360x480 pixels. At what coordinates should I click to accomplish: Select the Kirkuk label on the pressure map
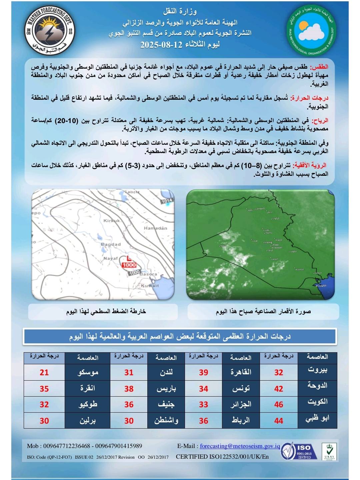click(111, 220)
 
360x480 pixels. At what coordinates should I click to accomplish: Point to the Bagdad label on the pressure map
click(111, 245)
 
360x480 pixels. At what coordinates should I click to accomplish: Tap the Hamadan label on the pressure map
click(155, 228)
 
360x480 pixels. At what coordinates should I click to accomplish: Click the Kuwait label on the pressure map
click(150, 286)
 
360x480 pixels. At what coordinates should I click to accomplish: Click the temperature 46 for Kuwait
click(278, 405)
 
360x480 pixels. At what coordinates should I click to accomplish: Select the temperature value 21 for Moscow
click(44, 372)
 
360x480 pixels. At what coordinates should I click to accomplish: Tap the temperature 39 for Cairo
click(203, 372)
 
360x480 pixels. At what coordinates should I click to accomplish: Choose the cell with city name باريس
click(166, 389)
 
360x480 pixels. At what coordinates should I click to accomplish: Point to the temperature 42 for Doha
click(278, 389)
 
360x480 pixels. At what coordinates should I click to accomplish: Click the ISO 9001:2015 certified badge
click(298, 451)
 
